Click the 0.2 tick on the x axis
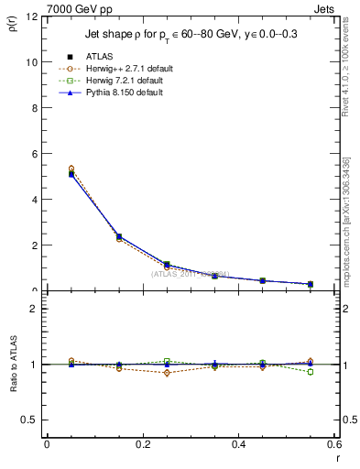(x=142, y=444)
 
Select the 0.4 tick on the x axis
(x=238, y=444)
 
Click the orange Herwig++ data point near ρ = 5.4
(x=71, y=169)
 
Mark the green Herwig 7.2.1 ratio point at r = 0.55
(x=311, y=372)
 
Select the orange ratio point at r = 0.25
(x=167, y=373)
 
